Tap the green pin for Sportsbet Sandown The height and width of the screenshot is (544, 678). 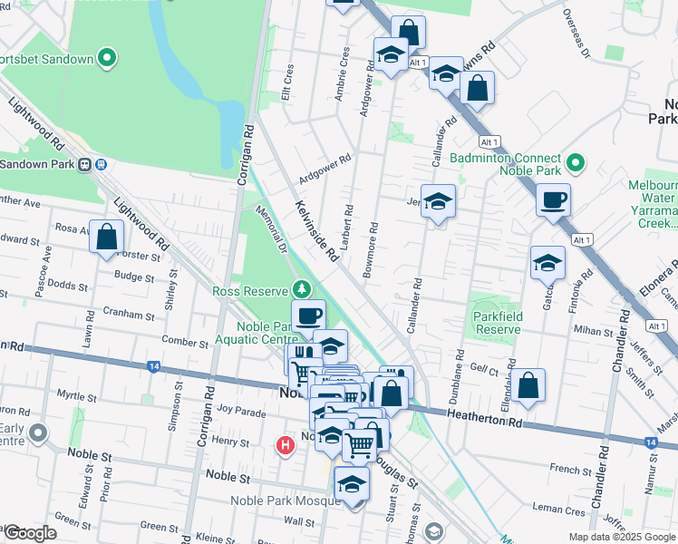pos(107,60)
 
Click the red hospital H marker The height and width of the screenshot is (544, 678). pos(286,445)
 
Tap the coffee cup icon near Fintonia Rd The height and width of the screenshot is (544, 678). pos(552,201)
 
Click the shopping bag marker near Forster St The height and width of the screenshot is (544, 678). pos(107,238)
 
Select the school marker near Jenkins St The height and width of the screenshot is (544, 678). pos(438,203)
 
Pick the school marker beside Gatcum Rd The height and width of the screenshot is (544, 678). pos(547,264)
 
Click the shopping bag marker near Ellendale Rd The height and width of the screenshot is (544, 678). pos(528,386)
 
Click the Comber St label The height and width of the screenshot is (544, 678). pos(185,342)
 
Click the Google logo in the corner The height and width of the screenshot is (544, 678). pos(29,533)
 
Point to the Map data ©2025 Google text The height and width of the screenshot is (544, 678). pos(621,537)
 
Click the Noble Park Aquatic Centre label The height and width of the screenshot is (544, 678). pos(264,332)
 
